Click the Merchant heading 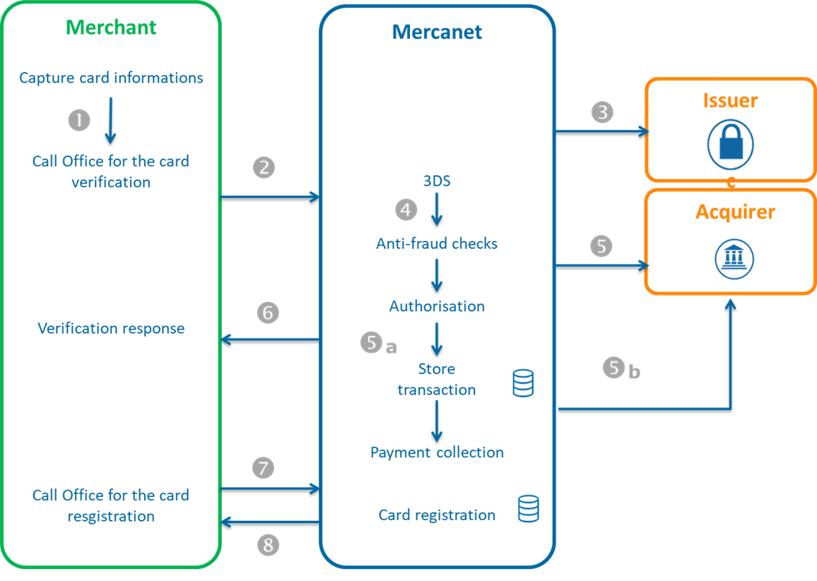pyautogui.click(x=111, y=27)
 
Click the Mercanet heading pyautogui.click(x=437, y=32)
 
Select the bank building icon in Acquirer pyautogui.click(x=731, y=257)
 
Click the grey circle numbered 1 pyautogui.click(x=79, y=120)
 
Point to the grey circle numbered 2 pyautogui.click(x=264, y=167)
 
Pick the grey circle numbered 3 pyautogui.click(x=602, y=112)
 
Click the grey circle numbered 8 pyautogui.click(x=268, y=545)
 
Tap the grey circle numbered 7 pyautogui.click(x=264, y=468)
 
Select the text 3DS pyautogui.click(x=436, y=181)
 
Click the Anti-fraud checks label pyautogui.click(x=437, y=243)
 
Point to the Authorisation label pyautogui.click(x=437, y=306)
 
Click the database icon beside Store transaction pyautogui.click(x=523, y=383)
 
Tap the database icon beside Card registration pyautogui.click(x=528, y=508)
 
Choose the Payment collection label pyautogui.click(x=437, y=453)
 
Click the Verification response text pyautogui.click(x=111, y=328)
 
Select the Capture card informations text pyautogui.click(x=111, y=78)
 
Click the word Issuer pyautogui.click(x=730, y=101)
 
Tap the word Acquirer pyautogui.click(x=735, y=212)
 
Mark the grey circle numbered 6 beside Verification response pyautogui.click(x=268, y=313)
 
